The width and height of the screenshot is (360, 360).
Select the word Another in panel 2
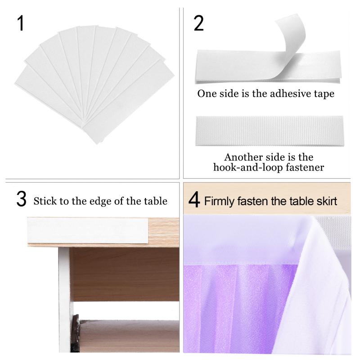pyautogui.click(x=243, y=157)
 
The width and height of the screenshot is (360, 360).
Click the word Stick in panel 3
pyautogui.click(x=44, y=201)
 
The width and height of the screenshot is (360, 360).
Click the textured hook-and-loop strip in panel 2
pyautogui.click(x=269, y=131)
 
